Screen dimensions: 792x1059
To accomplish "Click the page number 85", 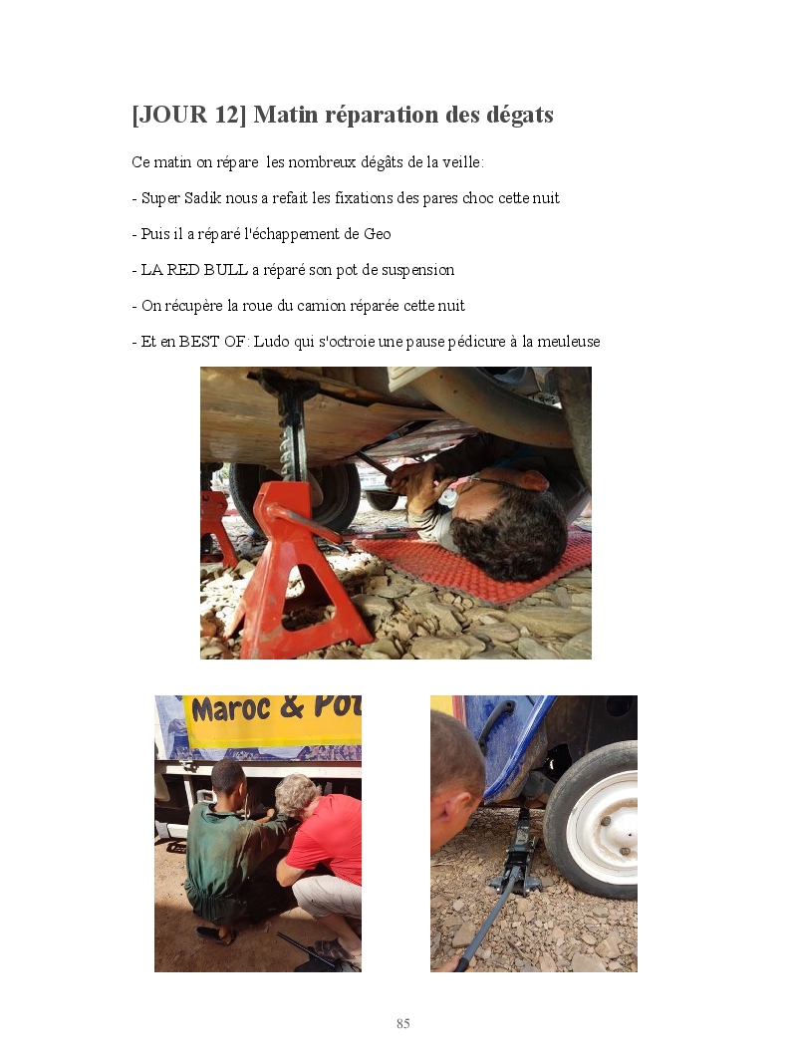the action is coord(403,1023).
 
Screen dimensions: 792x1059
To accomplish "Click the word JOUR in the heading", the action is coord(173,115).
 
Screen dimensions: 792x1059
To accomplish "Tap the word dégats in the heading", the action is coord(519,115).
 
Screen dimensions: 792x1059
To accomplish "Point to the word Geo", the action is coord(378,234).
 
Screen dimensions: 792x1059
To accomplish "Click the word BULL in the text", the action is coord(226,269).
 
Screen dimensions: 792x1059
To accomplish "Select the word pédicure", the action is coord(476,342).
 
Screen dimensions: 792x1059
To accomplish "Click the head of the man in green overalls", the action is coord(227,777).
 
